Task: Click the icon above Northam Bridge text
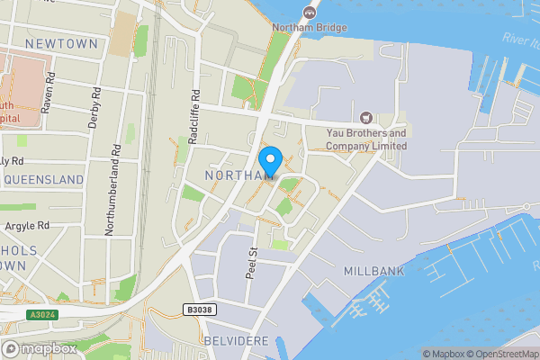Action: click(310, 12)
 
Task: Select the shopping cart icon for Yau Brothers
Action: click(366, 118)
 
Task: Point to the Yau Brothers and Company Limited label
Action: click(366, 139)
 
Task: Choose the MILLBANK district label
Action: click(374, 270)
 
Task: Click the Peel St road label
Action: click(253, 261)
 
